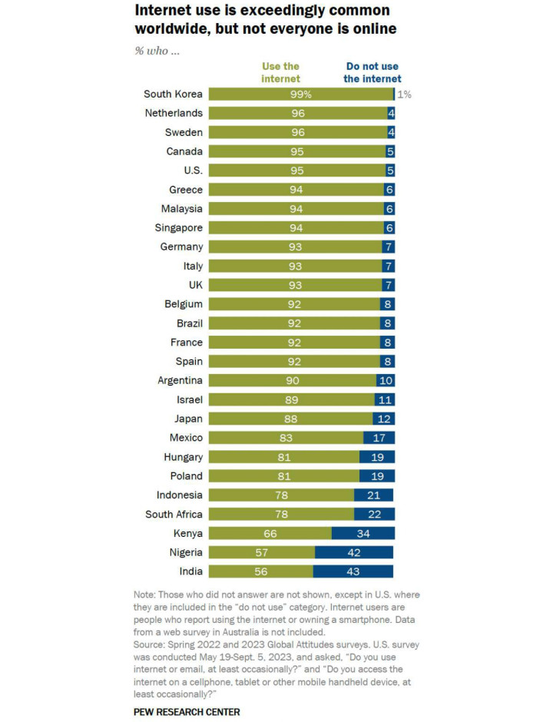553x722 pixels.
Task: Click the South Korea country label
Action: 174,94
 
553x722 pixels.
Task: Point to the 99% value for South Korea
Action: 300,94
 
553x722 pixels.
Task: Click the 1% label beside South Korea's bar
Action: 405,94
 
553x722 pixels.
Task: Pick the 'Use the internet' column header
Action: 280,72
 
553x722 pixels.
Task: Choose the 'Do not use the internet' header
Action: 373,72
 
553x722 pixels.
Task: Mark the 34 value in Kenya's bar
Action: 363,533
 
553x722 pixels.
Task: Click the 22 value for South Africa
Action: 374,514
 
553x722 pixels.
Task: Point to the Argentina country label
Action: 180,380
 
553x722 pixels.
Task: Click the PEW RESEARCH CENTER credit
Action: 187,712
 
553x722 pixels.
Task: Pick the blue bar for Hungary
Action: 377,457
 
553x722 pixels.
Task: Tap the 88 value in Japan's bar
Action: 290,419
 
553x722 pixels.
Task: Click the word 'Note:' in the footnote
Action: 146,594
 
